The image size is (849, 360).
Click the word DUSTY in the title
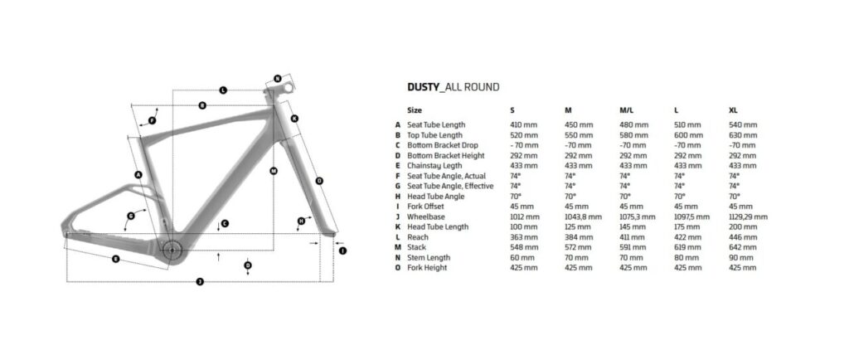pos(424,87)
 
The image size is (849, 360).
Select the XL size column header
pos(733,110)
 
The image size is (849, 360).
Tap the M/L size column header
pos(627,110)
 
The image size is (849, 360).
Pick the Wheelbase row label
pos(426,216)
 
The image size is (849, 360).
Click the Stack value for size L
pos(687,247)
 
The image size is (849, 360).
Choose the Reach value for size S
pos(524,237)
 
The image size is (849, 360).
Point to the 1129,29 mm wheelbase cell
pos(748,216)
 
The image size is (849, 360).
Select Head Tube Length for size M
pos(578,226)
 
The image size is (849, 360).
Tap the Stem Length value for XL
pos(740,258)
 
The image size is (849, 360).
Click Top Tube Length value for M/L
pos(633,135)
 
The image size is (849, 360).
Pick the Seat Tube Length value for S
pos(524,125)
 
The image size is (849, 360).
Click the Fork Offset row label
pos(425,207)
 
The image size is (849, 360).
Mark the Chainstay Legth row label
pos(434,166)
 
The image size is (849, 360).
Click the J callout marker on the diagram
pos(200,281)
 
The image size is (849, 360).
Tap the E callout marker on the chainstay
pos(115,259)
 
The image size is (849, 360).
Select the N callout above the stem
pos(277,79)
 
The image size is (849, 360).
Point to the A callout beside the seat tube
pos(138,174)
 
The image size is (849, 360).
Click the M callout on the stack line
pos(274,171)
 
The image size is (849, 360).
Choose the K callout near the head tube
pos(294,119)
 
